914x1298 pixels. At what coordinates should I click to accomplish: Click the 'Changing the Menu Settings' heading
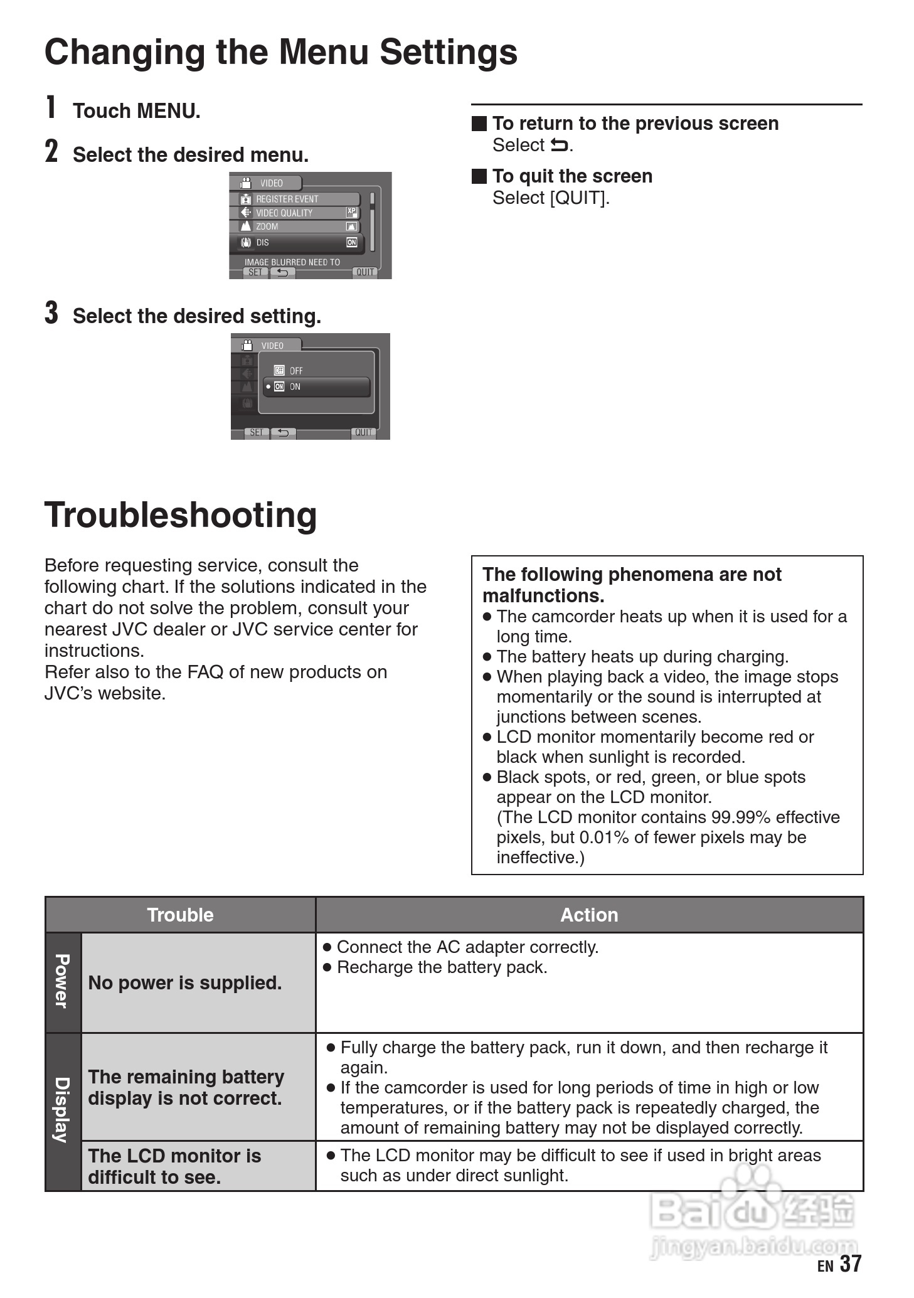pyautogui.click(x=281, y=53)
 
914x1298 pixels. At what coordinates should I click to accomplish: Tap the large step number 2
pyautogui.click(x=51, y=151)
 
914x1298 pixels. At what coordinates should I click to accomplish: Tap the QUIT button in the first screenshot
pyautogui.click(x=364, y=272)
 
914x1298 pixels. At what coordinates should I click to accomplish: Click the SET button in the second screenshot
pyautogui.click(x=257, y=432)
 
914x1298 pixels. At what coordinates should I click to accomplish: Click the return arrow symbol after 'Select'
pyautogui.click(x=559, y=146)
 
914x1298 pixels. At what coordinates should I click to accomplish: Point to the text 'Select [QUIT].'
pyautogui.click(x=551, y=198)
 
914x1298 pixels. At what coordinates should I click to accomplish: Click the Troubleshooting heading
pyautogui.click(x=181, y=515)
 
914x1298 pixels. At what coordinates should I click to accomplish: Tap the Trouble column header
pyautogui.click(x=180, y=915)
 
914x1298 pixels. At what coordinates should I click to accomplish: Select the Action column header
pyautogui.click(x=589, y=915)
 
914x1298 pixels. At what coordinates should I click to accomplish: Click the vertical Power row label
pyautogui.click(x=62, y=982)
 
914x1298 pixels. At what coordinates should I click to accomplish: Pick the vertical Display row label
pyautogui.click(x=62, y=1110)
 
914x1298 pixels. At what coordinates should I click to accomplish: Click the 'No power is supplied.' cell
pyautogui.click(x=185, y=982)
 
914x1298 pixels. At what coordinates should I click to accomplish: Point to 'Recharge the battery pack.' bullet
pyautogui.click(x=435, y=967)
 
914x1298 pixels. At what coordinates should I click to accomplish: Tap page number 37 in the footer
pyautogui.click(x=851, y=1263)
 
